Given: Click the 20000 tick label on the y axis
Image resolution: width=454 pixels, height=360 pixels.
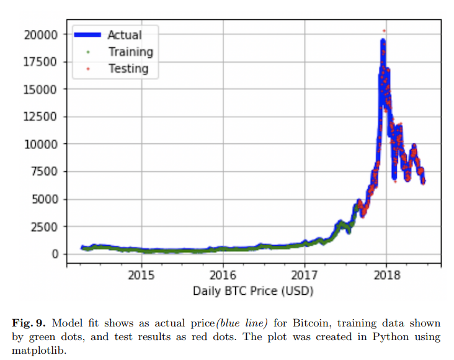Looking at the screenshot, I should coord(43,34).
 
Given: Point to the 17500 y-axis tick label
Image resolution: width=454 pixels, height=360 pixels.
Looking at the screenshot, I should coord(43,61).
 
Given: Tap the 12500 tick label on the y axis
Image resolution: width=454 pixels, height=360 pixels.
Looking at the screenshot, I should coord(43,117).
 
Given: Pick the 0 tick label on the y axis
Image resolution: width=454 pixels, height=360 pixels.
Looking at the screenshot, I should coord(56,254).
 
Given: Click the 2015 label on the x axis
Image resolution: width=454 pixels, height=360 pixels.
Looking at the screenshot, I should coord(141,275).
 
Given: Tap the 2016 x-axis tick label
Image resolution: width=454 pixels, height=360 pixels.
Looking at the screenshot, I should coord(223,275).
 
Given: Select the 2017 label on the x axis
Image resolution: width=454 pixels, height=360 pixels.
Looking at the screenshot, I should coord(305,275).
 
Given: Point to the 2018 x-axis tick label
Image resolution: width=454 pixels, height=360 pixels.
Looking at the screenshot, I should coord(386,275).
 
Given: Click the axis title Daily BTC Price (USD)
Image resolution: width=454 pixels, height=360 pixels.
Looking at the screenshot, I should coord(253,290).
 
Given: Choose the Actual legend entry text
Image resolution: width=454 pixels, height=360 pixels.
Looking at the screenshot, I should coord(124,35).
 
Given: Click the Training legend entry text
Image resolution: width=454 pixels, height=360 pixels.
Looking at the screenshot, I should coord(130,52).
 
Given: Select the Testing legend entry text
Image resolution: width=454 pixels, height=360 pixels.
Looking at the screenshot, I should coord(128,68).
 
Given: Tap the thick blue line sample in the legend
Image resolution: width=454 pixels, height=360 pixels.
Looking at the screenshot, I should coord(88,35).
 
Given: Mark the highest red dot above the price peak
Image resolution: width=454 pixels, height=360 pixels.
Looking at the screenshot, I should coord(384,30).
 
